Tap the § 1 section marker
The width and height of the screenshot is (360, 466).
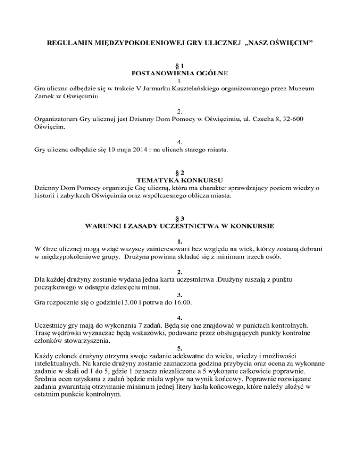(x=180, y=66)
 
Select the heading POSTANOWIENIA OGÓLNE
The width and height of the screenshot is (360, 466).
(x=180, y=74)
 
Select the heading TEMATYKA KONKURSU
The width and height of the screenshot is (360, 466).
(x=180, y=180)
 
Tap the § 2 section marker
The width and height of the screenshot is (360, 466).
(x=180, y=172)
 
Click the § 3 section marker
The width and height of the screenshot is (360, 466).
(x=180, y=218)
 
